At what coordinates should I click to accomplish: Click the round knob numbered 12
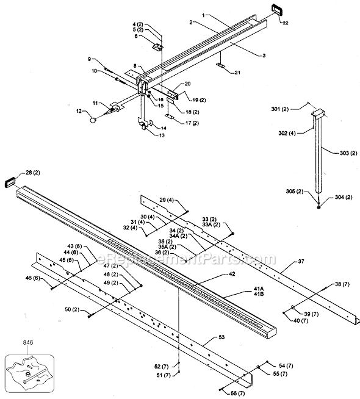(93, 121)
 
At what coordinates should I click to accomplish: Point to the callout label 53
(220, 337)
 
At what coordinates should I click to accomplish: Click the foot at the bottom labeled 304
(319, 206)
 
